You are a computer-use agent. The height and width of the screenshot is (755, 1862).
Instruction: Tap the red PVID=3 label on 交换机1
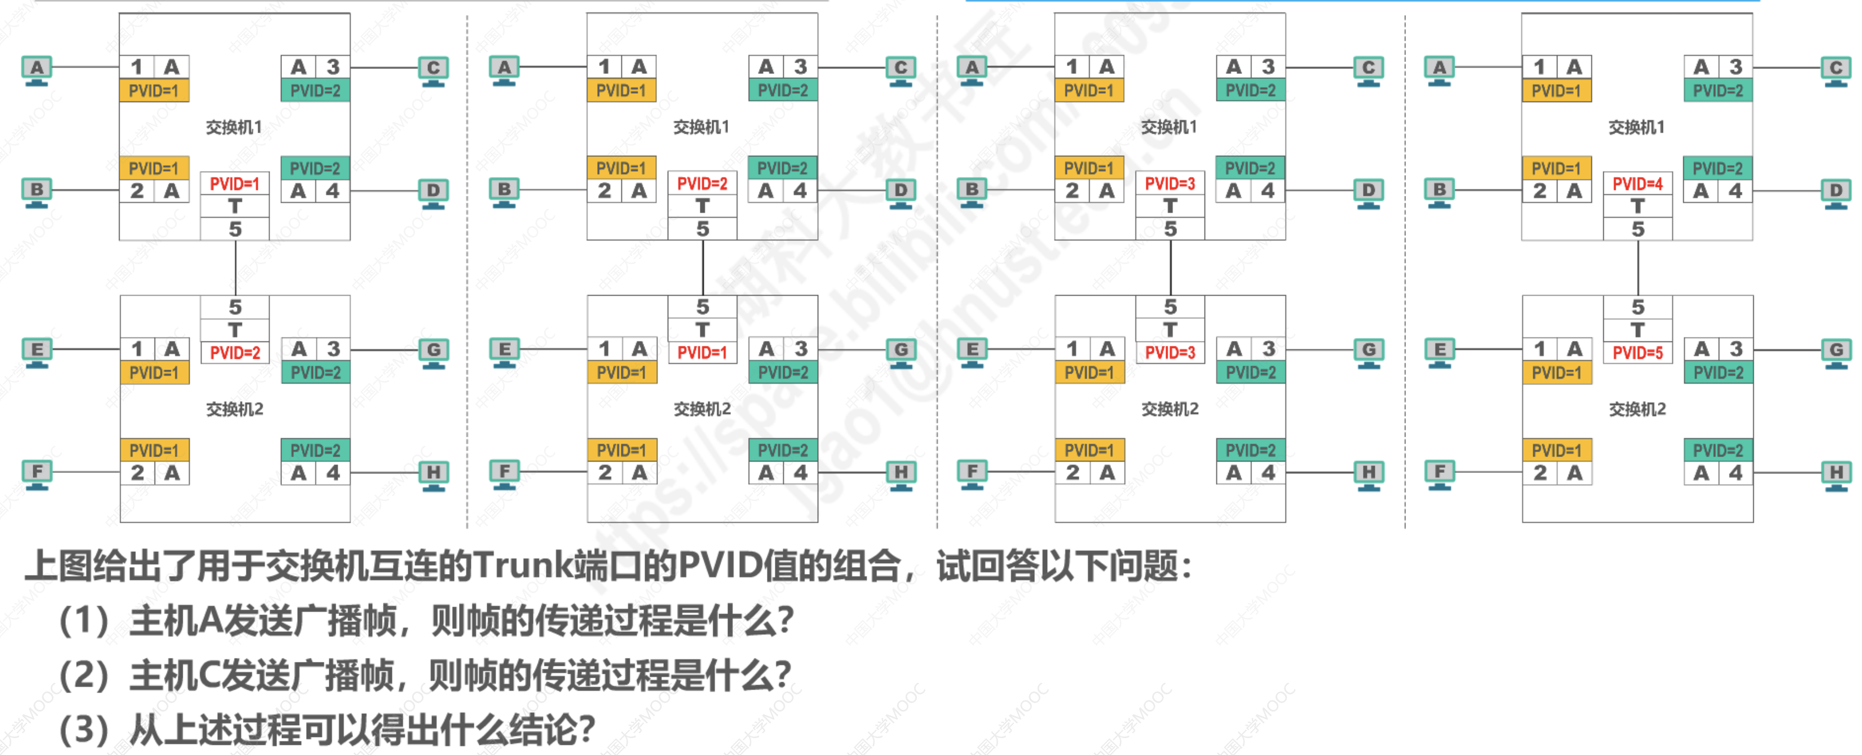coord(1170,184)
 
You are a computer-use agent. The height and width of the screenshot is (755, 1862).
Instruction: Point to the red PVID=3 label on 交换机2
coord(1170,353)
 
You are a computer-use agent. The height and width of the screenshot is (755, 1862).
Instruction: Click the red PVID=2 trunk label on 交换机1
coord(702,184)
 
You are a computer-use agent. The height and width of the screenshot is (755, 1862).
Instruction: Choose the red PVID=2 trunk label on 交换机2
coord(235,353)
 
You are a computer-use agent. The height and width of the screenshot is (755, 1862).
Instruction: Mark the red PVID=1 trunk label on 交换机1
coord(235,184)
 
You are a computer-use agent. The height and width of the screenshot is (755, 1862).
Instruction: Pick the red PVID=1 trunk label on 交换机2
coord(702,353)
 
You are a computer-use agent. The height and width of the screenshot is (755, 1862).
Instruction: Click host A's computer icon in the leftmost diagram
coord(37,69)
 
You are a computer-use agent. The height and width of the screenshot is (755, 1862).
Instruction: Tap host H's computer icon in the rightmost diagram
coord(1836,475)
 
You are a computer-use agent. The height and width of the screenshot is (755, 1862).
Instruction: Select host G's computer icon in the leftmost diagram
coord(433,352)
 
